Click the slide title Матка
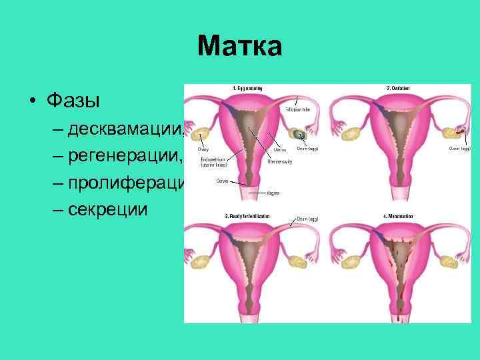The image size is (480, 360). (240, 46)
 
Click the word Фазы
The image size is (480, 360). (73, 101)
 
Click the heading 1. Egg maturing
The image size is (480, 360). (247, 88)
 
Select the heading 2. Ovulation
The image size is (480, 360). (399, 88)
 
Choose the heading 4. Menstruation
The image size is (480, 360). (399, 216)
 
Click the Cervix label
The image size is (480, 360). (222, 180)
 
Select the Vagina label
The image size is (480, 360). (273, 193)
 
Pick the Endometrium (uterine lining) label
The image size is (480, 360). (212, 161)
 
